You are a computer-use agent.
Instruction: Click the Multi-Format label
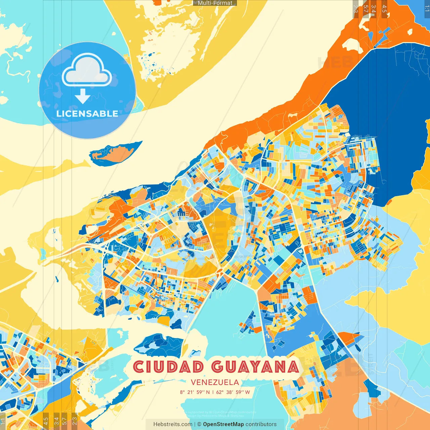pyautogui.click(x=215, y=3)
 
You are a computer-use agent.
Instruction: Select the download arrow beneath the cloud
pyautogui.click(x=83, y=96)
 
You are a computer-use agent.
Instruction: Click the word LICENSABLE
pyautogui.click(x=87, y=114)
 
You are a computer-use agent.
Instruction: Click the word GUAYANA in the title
pyautogui.click(x=255, y=367)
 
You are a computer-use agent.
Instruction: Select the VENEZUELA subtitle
pyautogui.click(x=215, y=382)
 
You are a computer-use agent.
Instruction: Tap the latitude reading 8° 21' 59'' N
pyautogui.click(x=195, y=392)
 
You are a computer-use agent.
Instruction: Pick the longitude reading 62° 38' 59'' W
pyautogui.click(x=233, y=392)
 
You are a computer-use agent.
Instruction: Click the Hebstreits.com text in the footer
pyautogui.click(x=173, y=424)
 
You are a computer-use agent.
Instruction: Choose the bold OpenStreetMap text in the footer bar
pyautogui.click(x=223, y=424)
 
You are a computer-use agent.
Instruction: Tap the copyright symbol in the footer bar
pyautogui.click(x=199, y=424)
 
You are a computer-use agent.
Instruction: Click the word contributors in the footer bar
pyautogui.click(x=261, y=424)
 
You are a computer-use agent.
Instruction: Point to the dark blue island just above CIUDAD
pyautogui.click(x=158, y=344)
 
